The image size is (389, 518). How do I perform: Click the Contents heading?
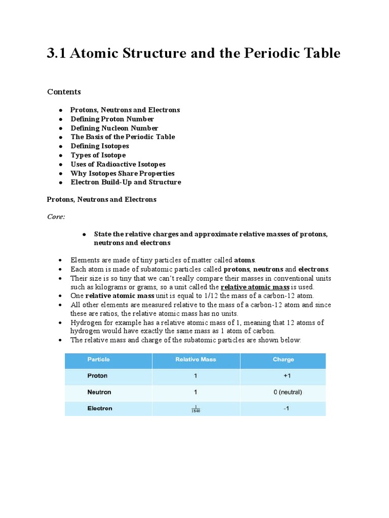(64, 92)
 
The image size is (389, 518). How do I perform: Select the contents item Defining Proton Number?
(112, 119)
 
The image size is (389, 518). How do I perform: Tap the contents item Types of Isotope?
(98, 155)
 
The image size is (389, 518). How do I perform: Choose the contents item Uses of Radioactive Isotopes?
(118, 164)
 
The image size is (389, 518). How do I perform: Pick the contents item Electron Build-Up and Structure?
(126, 182)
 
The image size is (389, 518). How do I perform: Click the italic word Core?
(56, 216)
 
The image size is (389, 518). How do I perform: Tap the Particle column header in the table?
(98, 360)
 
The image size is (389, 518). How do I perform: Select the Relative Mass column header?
(196, 360)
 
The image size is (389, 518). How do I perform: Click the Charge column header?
(283, 360)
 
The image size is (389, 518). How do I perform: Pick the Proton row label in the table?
(97, 376)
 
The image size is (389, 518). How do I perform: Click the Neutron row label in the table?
(99, 392)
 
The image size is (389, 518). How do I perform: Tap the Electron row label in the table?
(100, 408)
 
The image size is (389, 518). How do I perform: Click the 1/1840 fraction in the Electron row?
(196, 409)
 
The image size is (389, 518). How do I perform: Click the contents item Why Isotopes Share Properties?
(123, 174)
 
